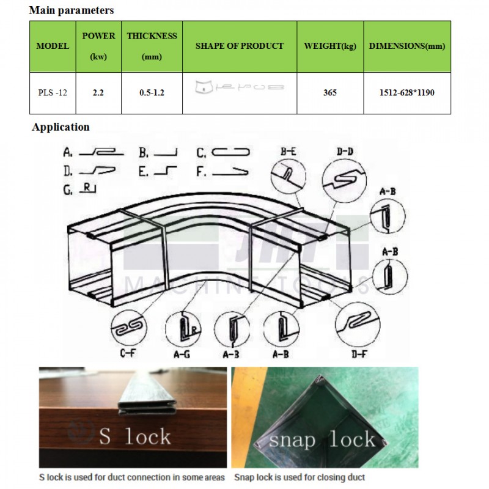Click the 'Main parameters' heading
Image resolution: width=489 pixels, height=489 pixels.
pos(71,10)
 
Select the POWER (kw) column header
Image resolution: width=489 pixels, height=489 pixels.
pos(98,46)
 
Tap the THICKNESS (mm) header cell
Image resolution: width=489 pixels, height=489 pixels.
pos(152,46)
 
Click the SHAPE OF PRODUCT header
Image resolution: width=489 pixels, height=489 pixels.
pos(239,46)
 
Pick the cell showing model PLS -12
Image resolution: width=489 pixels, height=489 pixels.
pos(53,93)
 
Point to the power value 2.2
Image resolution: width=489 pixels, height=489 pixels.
pos(98,93)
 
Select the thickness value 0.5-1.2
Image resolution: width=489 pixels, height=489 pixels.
pos(152,93)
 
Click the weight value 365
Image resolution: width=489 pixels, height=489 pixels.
pos(330,93)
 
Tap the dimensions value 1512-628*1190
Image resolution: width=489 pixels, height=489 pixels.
pos(406,93)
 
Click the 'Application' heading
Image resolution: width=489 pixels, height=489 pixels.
pos(61,127)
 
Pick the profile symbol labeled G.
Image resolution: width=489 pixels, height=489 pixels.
pos(89,189)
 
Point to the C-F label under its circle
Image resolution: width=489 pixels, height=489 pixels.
pos(128,353)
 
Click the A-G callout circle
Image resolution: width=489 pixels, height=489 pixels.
pos(188,329)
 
